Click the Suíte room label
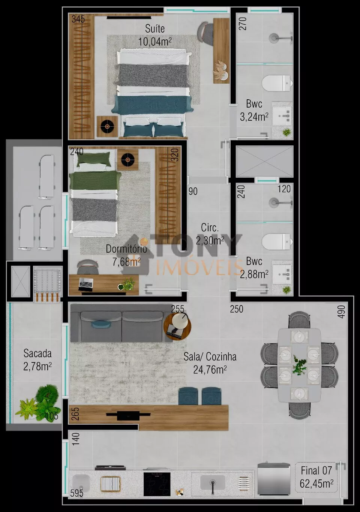click(x=155, y=28)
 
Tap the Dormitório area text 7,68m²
click(x=126, y=262)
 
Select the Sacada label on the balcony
click(x=37, y=353)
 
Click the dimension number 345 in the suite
click(x=78, y=19)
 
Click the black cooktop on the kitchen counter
click(x=157, y=484)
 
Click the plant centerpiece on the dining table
click(x=299, y=365)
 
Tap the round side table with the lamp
click(x=177, y=326)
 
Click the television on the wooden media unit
click(x=128, y=415)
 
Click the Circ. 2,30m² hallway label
click(x=210, y=234)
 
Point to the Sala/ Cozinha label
click(x=210, y=356)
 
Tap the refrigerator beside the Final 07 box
click(x=274, y=478)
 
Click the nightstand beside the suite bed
click(x=107, y=126)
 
